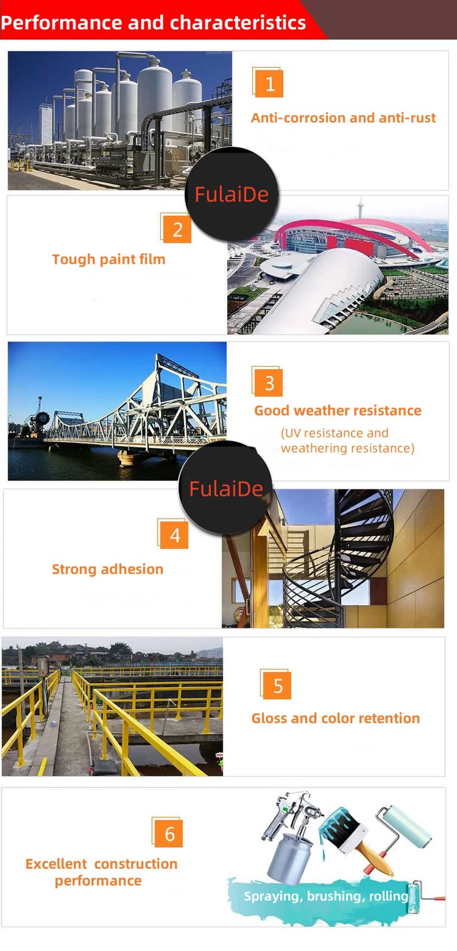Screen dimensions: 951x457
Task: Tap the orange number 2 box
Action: point(177,229)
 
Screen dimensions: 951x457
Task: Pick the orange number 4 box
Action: point(174,535)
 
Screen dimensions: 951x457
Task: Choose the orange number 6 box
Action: point(169,834)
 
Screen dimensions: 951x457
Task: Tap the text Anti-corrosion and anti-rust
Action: point(343,118)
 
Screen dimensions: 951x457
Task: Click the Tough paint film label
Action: point(109,259)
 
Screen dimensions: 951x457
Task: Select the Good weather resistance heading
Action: point(338,410)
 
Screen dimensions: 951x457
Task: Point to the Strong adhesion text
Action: point(108,569)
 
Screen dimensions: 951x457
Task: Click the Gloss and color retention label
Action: point(335,718)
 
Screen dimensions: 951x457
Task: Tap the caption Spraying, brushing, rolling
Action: point(326,896)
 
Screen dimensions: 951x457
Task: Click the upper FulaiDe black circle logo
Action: point(232,194)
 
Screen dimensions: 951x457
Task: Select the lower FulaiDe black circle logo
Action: point(226,489)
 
